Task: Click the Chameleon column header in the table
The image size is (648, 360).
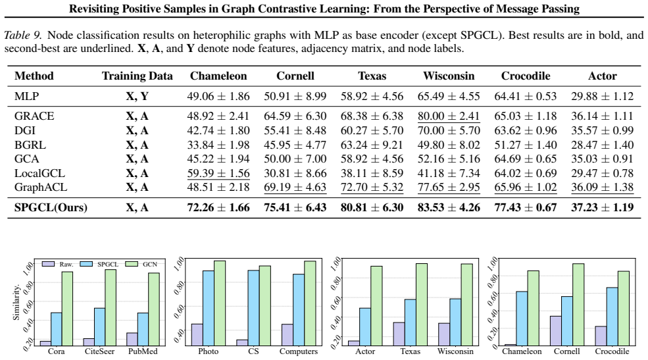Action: (218, 76)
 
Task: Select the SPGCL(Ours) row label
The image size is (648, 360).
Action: (51, 207)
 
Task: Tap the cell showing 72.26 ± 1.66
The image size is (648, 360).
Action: (218, 207)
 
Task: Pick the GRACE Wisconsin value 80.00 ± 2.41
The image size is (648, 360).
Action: (449, 116)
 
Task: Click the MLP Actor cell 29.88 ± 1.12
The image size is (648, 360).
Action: (602, 96)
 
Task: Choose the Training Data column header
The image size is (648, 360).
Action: (137, 76)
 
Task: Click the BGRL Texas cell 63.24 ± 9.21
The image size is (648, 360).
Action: (372, 145)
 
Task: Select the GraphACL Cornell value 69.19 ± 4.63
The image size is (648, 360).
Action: (295, 187)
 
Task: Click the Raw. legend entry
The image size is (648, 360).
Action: (58, 264)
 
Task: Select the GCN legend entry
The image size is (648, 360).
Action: (141, 264)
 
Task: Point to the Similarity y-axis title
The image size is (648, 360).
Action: (16, 302)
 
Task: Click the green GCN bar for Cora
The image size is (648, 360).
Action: (67, 309)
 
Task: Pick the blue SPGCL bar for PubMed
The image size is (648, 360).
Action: (143, 330)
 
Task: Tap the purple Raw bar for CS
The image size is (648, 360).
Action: (242, 343)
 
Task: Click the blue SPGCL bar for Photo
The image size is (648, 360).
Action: (209, 308)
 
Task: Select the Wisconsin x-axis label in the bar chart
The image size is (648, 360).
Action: (455, 351)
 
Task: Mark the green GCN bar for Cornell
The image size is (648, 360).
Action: (578, 305)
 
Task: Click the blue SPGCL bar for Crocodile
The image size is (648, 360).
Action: (612, 317)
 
